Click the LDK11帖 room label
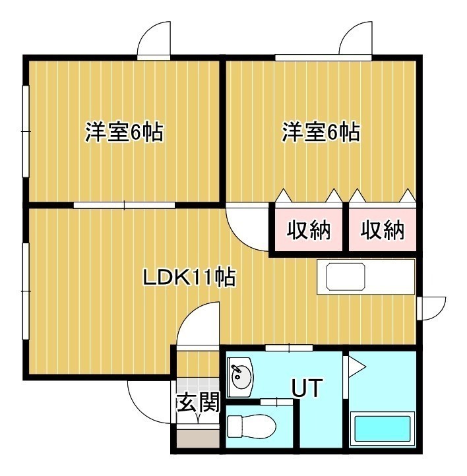coord(189,276)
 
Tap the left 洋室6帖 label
coord(124,132)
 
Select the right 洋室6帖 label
coord(321,132)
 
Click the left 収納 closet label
coord(309,230)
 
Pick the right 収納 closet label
coord(383,230)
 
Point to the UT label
coord(306,388)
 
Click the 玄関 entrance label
coord(199,402)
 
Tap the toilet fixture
coord(251,427)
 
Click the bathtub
coord(383,429)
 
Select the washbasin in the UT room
coord(240,377)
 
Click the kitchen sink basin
coord(346,276)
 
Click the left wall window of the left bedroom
coord(26,131)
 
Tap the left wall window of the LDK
coord(26,291)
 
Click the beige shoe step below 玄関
coord(199,438)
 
